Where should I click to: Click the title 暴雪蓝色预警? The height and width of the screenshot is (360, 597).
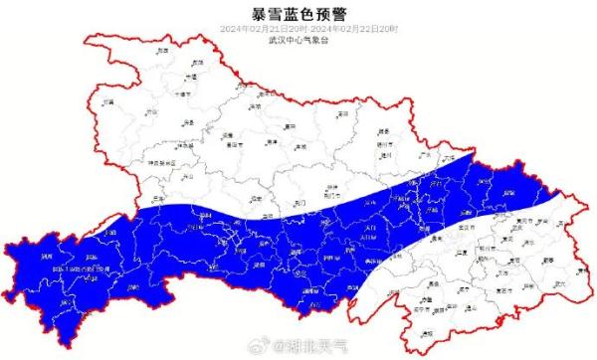pos(298,13)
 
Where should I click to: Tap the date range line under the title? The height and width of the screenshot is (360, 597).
pos(298,29)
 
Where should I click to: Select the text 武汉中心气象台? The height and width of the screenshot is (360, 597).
pos(298,41)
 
